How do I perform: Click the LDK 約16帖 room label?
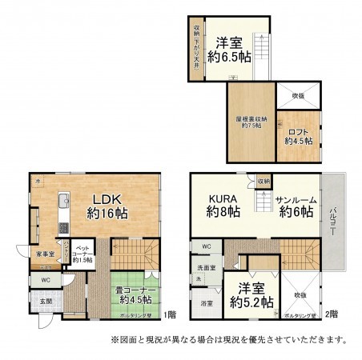click(x=104, y=206)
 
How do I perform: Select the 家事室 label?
click(x=46, y=254)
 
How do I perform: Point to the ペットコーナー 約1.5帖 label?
click(x=82, y=255)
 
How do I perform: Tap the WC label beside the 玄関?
click(x=46, y=279)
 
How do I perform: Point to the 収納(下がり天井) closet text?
click(x=195, y=48)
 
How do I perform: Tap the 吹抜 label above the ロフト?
click(x=298, y=96)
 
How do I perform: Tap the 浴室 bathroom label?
click(x=207, y=303)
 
